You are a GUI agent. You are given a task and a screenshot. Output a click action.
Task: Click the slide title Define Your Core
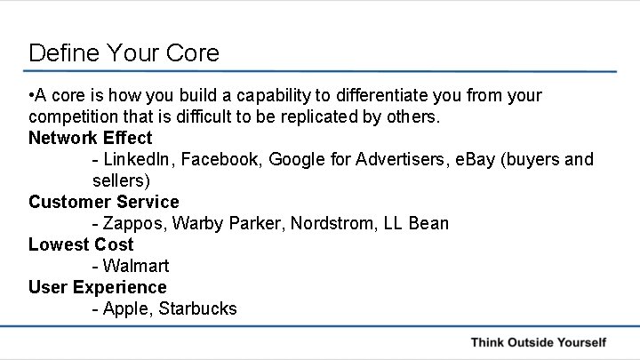click(124, 52)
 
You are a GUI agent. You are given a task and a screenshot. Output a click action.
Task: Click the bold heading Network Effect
click(90, 138)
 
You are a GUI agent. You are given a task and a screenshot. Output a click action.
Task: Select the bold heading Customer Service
click(103, 202)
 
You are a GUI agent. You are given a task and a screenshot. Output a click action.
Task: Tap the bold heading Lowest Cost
click(81, 244)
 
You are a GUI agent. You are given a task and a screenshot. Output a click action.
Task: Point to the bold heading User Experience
click(97, 287)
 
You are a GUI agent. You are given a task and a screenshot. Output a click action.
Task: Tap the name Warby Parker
click(220, 223)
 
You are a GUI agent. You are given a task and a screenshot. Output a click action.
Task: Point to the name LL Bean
click(416, 223)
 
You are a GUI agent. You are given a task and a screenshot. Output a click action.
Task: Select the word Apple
click(125, 308)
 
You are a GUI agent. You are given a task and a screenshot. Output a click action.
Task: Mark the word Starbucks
click(198, 308)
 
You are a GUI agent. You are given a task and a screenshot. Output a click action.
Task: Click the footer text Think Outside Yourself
click(538, 342)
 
